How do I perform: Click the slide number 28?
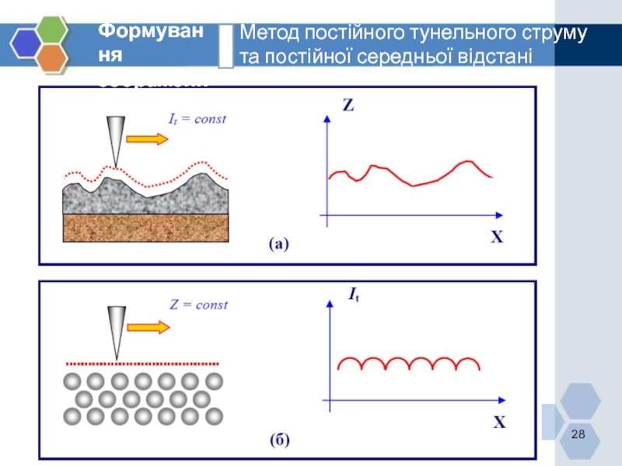point(578,433)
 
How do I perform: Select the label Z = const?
point(198,304)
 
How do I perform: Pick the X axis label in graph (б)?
point(499,423)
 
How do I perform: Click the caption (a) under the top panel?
point(278,245)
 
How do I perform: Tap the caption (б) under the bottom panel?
point(280,440)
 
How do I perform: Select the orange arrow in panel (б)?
point(148,326)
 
